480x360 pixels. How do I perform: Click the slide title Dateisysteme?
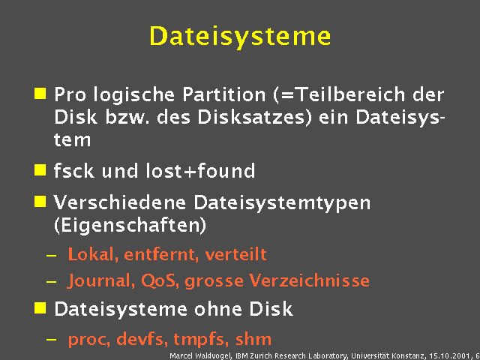240,35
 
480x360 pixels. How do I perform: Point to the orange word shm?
253,338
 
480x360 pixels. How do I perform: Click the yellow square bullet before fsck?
40,169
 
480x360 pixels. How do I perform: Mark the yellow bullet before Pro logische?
40,94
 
